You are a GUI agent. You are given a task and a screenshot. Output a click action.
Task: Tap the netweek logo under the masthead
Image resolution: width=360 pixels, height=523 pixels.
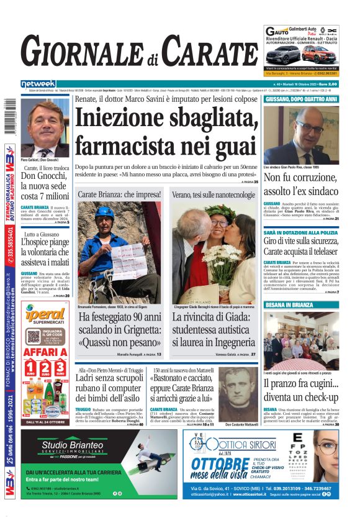click(x=38, y=84)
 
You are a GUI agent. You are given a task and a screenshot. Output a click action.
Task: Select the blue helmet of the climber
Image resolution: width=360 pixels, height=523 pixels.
click(x=104, y=212)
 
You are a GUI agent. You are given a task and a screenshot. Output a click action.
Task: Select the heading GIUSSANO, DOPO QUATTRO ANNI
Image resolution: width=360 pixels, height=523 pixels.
click(x=301, y=99)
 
